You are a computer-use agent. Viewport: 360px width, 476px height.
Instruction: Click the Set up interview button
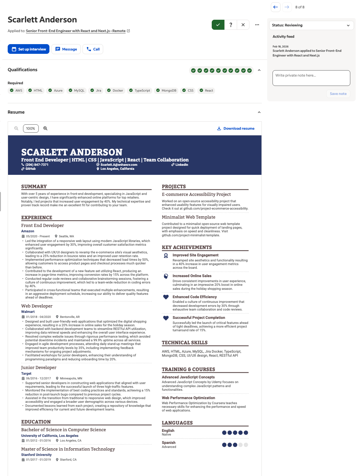[28, 49]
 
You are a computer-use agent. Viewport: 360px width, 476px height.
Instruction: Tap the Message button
[66, 49]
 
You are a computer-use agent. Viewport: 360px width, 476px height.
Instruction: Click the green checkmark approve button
[218, 25]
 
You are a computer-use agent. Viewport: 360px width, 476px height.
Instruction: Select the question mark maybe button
[230, 25]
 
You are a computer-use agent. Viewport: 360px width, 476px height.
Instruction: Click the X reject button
[243, 25]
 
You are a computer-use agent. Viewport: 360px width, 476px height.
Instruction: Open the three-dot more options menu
[257, 25]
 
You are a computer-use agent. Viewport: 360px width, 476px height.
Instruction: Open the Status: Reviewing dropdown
[311, 25]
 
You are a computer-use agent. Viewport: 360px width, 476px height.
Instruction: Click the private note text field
[311, 78]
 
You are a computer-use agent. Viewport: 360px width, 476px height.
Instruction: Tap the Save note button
[338, 94]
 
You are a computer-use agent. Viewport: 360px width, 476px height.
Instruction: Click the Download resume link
[236, 128]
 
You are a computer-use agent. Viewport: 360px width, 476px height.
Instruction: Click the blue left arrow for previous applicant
[276, 7]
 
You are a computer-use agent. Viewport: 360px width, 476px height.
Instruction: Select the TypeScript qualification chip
[140, 91]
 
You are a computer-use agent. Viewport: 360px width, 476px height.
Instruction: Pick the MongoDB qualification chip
[166, 91]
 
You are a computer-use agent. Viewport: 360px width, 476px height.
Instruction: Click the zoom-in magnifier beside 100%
[45, 128]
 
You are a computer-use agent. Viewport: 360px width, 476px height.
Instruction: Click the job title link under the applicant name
[75, 31]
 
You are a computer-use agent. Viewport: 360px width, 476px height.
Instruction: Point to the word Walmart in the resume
[28, 312]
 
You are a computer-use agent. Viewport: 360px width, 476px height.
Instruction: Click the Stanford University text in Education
[36, 455]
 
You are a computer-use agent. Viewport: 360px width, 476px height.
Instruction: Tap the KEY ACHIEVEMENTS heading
[187, 247]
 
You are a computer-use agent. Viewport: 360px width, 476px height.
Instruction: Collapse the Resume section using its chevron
[259, 112]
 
